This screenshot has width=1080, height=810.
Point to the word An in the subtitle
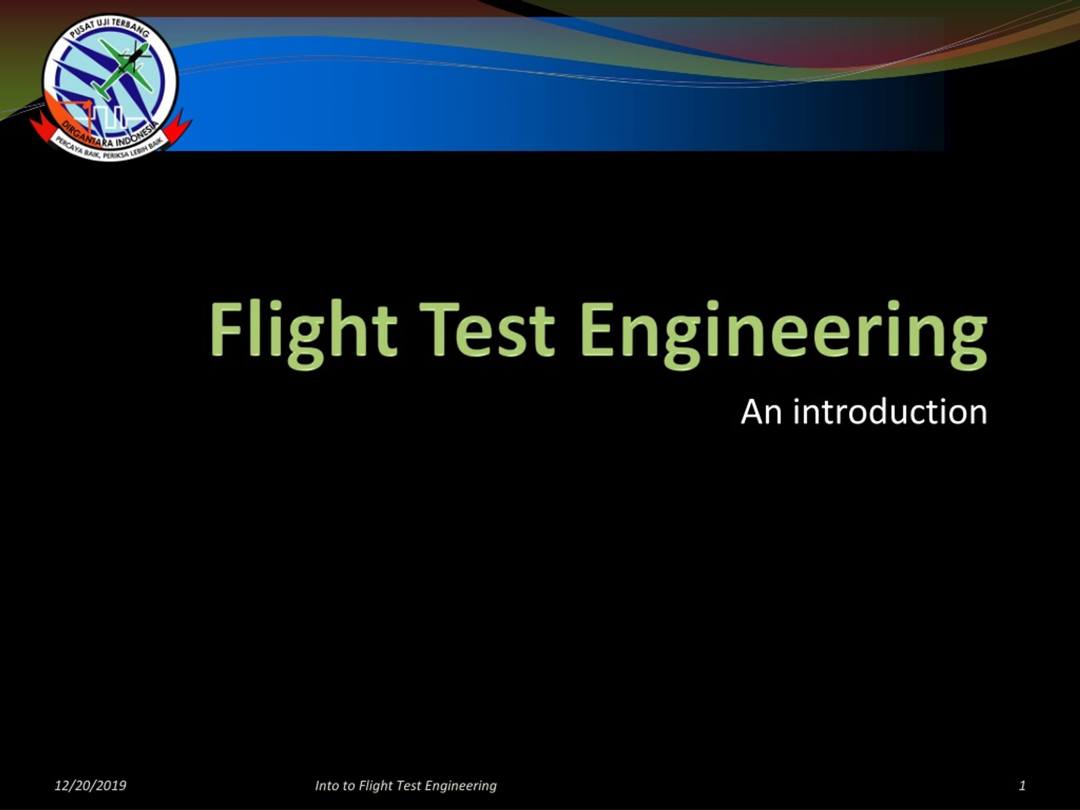pyautogui.click(x=761, y=412)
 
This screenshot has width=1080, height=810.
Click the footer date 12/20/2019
pyautogui.click(x=90, y=786)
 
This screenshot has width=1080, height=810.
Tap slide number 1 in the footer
pyautogui.click(x=1022, y=786)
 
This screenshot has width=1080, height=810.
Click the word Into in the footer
pyautogui.click(x=327, y=786)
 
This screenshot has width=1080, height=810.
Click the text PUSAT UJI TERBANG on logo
pyautogui.click(x=109, y=29)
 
